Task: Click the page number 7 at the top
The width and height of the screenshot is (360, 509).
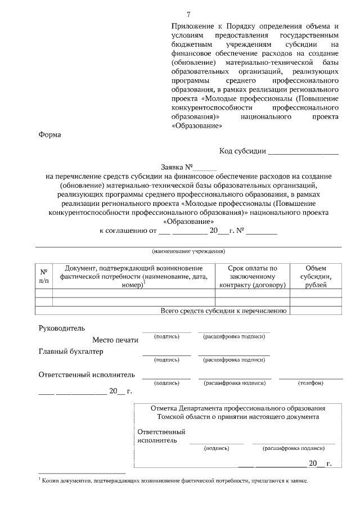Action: click(188, 15)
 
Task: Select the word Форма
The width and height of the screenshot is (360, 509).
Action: click(49, 134)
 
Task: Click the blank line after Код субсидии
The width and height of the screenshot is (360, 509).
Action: click(303, 152)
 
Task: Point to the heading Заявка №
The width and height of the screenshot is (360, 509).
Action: click(177, 167)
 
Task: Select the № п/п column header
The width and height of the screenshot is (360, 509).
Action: click(44, 274)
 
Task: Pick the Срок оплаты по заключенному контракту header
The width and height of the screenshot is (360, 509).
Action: click(253, 276)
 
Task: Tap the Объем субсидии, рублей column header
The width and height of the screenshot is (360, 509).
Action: click(315, 276)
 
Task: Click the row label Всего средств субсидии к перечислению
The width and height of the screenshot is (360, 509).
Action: click(224, 310)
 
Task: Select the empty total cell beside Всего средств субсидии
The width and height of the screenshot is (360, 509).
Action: click(315, 310)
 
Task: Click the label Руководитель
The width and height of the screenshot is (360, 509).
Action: click(61, 328)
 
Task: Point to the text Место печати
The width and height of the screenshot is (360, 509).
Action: click(115, 340)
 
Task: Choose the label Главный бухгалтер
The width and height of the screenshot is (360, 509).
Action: click(71, 352)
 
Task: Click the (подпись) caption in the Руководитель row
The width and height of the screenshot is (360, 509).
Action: click(166, 336)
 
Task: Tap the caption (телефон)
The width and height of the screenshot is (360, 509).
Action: click(310, 382)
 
